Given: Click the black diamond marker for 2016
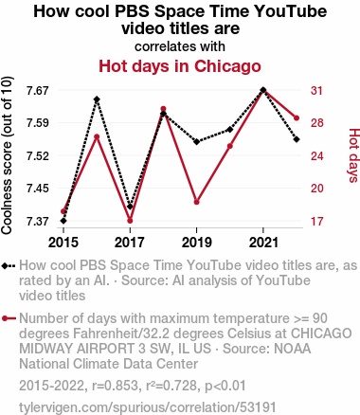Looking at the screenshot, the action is point(97,99).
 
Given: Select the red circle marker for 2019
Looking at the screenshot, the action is point(197,202).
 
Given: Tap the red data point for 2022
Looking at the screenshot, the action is point(297,118).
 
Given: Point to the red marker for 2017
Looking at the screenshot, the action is point(130,221).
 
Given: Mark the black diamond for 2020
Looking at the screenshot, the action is point(230,130).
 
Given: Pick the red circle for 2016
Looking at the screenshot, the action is point(97,136).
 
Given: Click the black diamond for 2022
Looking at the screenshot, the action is point(297,139).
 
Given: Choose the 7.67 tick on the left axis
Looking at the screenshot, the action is point(38,91).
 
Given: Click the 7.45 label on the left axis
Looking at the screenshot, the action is point(38,189).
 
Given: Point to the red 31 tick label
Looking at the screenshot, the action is point(316,91).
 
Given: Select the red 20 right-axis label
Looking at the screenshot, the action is point(317,189).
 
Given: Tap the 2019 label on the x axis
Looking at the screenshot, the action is point(197,243).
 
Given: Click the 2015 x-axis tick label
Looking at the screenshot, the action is point(63,243).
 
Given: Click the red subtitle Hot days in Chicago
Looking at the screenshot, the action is point(180,66).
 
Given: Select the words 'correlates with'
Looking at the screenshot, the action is point(180,46).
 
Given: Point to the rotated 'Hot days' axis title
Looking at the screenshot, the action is point(354,155).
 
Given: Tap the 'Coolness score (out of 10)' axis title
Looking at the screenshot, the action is point(7,155).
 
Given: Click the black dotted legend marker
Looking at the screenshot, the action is point(9,265).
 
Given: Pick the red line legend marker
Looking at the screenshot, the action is point(9,318).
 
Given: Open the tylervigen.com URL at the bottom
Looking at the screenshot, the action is point(148,407).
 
